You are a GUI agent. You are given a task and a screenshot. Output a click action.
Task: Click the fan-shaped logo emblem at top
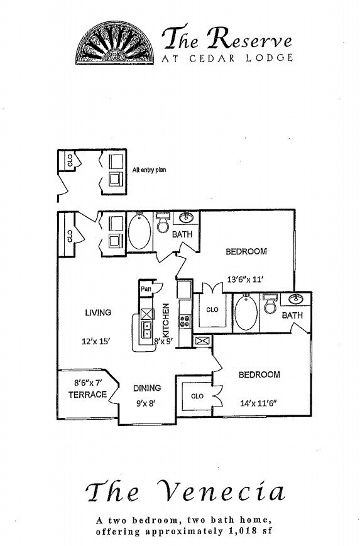pos(115,43)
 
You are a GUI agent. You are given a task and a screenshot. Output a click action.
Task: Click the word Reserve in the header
pos(249,38)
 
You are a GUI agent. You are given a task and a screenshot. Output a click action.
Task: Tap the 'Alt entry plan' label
pos(149,170)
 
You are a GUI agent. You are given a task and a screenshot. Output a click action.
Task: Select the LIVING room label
pos(98,313)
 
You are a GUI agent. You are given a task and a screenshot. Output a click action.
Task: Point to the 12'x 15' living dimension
pos(96,341)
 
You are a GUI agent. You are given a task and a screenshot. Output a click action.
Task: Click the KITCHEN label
pos(166,320)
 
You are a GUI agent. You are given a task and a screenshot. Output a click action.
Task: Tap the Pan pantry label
pos(146,289)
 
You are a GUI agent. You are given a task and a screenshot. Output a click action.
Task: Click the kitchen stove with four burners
pos(185,320)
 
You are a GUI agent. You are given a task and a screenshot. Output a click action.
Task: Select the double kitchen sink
pos(147,330)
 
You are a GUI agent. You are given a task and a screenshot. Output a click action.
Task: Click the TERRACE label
pos(87,395)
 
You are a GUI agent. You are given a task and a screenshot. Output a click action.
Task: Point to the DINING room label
pos(147,388)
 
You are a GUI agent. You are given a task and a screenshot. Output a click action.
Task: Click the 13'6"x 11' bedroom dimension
pos(245,279)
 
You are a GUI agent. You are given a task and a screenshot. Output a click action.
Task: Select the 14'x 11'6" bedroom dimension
pos(258,403)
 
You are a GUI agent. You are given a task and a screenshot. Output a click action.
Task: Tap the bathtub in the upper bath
pos(139,231)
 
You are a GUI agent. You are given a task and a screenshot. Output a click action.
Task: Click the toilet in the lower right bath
pos(270,304)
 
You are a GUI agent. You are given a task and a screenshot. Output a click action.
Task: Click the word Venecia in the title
pos(221,492)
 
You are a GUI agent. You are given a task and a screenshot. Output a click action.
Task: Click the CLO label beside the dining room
pos(197,396)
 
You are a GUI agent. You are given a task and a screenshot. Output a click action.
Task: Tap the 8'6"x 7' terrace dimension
pos(88,383)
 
